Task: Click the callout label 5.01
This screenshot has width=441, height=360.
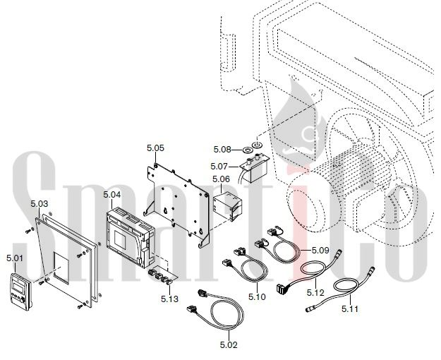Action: point(15,257)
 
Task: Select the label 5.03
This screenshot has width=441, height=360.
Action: point(40,204)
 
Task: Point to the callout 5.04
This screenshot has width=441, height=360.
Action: point(111,194)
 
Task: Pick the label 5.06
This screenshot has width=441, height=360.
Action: point(221,179)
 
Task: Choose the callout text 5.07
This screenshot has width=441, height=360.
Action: point(220,166)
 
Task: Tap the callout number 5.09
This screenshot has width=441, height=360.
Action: point(320,249)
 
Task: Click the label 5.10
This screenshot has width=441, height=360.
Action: point(256,296)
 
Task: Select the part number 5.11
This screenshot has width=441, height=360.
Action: point(351,308)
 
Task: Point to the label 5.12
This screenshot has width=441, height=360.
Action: point(315,292)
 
